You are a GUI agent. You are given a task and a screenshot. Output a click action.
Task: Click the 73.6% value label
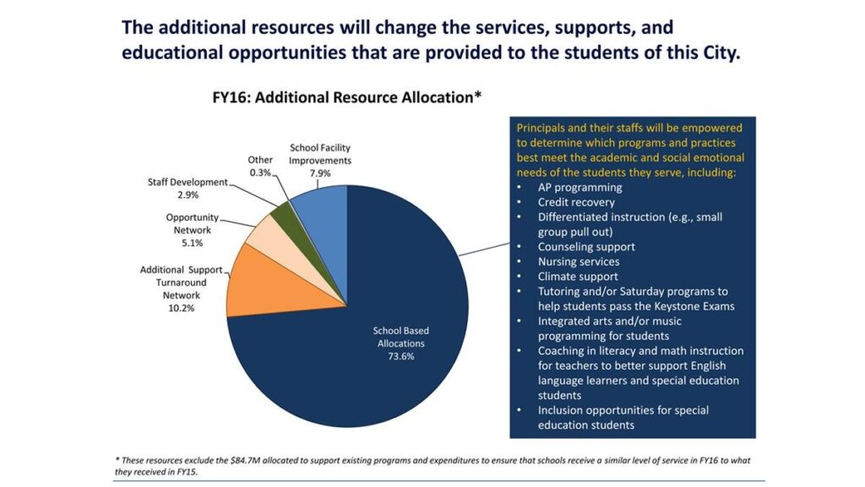point(401,356)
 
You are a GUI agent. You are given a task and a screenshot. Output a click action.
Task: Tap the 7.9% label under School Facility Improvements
point(320,173)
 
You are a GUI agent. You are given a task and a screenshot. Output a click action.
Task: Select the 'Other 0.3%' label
point(260,166)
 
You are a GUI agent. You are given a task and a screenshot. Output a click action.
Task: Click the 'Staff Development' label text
point(188,182)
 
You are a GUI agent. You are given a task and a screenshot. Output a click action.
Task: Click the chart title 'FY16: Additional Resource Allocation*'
point(346,97)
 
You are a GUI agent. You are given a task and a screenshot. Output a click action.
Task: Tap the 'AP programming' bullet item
point(579,187)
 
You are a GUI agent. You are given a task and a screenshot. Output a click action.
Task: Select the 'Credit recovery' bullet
point(576,202)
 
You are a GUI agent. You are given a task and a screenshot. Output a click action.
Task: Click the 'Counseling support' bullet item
point(586,247)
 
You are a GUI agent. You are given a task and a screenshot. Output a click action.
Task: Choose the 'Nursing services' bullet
point(579,262)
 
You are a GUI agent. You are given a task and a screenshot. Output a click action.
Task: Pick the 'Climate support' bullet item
point(578,276)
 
